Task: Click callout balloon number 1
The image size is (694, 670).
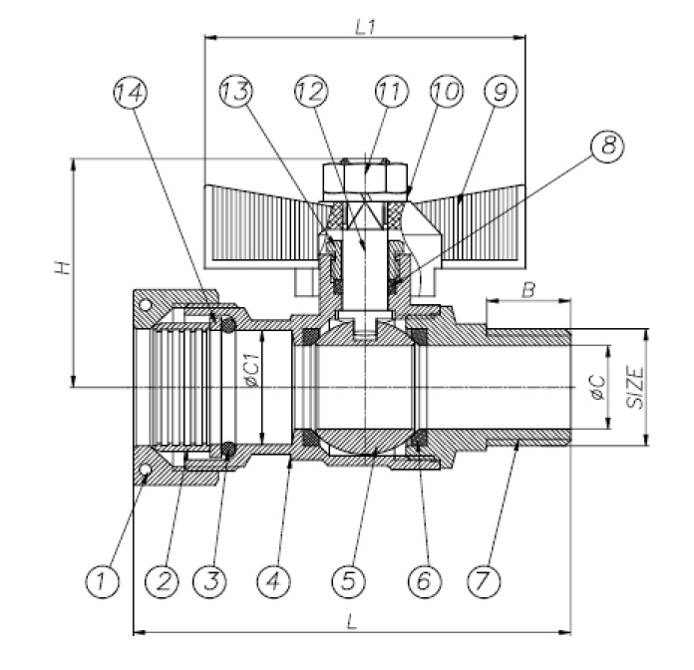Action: [102, 578]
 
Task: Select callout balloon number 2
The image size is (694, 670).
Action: [160, 578]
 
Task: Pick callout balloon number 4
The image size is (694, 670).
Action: [273, 578]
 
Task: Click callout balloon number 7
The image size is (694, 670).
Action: [485, 578]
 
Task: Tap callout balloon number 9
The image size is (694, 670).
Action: [499, 92]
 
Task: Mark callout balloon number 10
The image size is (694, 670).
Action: [444, 92]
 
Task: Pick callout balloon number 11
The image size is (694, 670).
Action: [390, 92]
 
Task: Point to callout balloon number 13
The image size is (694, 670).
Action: [235, 92]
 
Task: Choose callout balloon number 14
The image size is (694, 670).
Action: [131, 92]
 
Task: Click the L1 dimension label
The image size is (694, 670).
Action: [365, 24]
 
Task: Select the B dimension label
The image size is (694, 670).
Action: [529, 289]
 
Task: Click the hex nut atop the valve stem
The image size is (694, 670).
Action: [365, 179]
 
